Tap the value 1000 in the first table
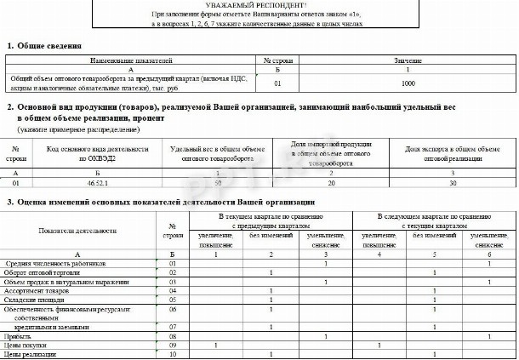408,84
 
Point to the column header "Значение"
408,61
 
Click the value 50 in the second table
218,182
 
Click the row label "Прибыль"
19,337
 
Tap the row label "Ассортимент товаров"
37,290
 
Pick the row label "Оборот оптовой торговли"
42,272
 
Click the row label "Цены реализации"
30,355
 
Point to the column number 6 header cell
489,254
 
